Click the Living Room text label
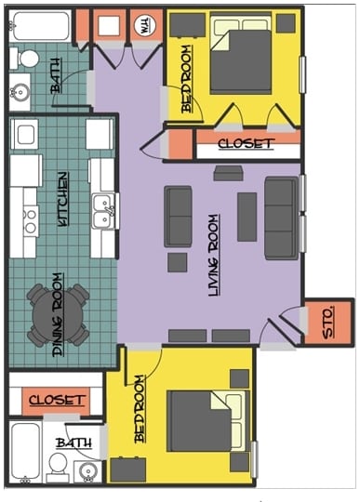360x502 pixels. click(214, 255)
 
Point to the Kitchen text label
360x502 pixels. click(62, 199)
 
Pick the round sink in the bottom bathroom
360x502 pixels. click(88, 470)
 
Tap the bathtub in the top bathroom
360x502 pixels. click(39, 25)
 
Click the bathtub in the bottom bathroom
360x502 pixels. click(26, 454)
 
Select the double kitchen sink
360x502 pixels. click(102, 212)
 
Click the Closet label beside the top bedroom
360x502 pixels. click(246, 144)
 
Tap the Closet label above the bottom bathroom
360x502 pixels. click(57, 400)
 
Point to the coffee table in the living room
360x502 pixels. click(247, 216)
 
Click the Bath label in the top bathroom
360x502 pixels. click(57, 83)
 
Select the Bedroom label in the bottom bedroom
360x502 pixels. click(140, 409)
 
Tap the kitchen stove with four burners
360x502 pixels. click(28, 219)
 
